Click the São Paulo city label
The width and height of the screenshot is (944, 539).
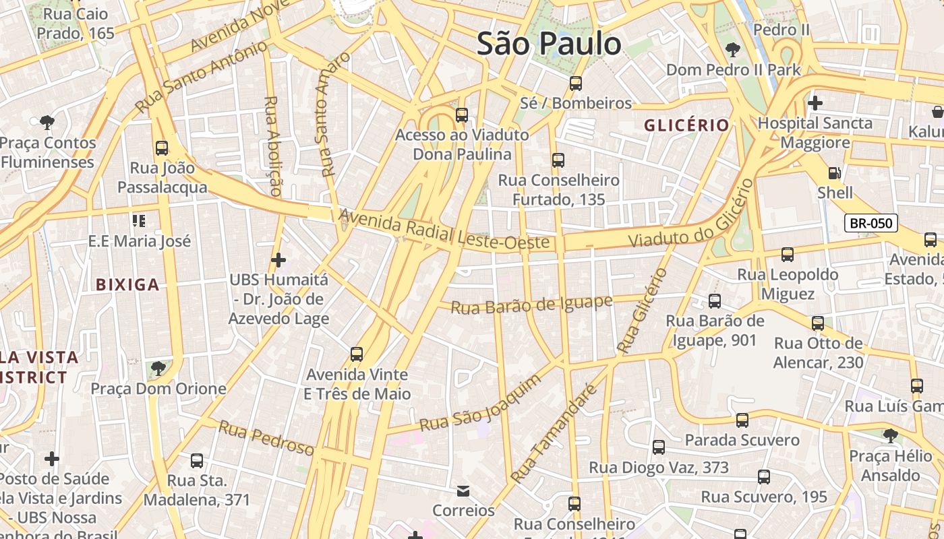(x=549, y=44)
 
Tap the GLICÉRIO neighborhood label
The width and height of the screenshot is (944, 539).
(x=686, y=125)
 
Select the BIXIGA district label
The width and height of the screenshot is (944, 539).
(x=127, y=284)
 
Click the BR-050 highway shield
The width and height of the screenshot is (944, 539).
(x=871, y=223)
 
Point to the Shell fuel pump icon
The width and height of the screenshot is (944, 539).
(x=835, y=173)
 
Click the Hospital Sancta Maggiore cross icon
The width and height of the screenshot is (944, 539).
(x=815, y=103)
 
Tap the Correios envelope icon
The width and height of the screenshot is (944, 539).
(x=463, y=490)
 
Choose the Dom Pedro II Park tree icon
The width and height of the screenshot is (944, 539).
(x=733, y=49)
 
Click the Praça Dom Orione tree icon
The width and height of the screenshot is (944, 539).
(x=158, y=368)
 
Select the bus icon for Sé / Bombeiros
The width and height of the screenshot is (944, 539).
(x=576, y=84)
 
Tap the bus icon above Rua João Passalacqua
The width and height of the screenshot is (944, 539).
(x=162, y=148)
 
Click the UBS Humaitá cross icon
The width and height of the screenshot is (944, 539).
(x=278, y=259)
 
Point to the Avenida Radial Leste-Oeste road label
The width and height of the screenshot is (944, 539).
(x=444, y=230)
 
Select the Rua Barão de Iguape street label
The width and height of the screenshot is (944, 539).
(x=531, y=305)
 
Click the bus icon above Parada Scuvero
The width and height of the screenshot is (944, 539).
(x=742, y=420)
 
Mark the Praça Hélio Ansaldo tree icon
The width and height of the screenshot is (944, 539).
(x=891, y=435)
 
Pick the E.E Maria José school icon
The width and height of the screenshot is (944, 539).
(x=140, y=220)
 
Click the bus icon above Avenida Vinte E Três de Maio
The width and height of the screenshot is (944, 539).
(x=357, y=354)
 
